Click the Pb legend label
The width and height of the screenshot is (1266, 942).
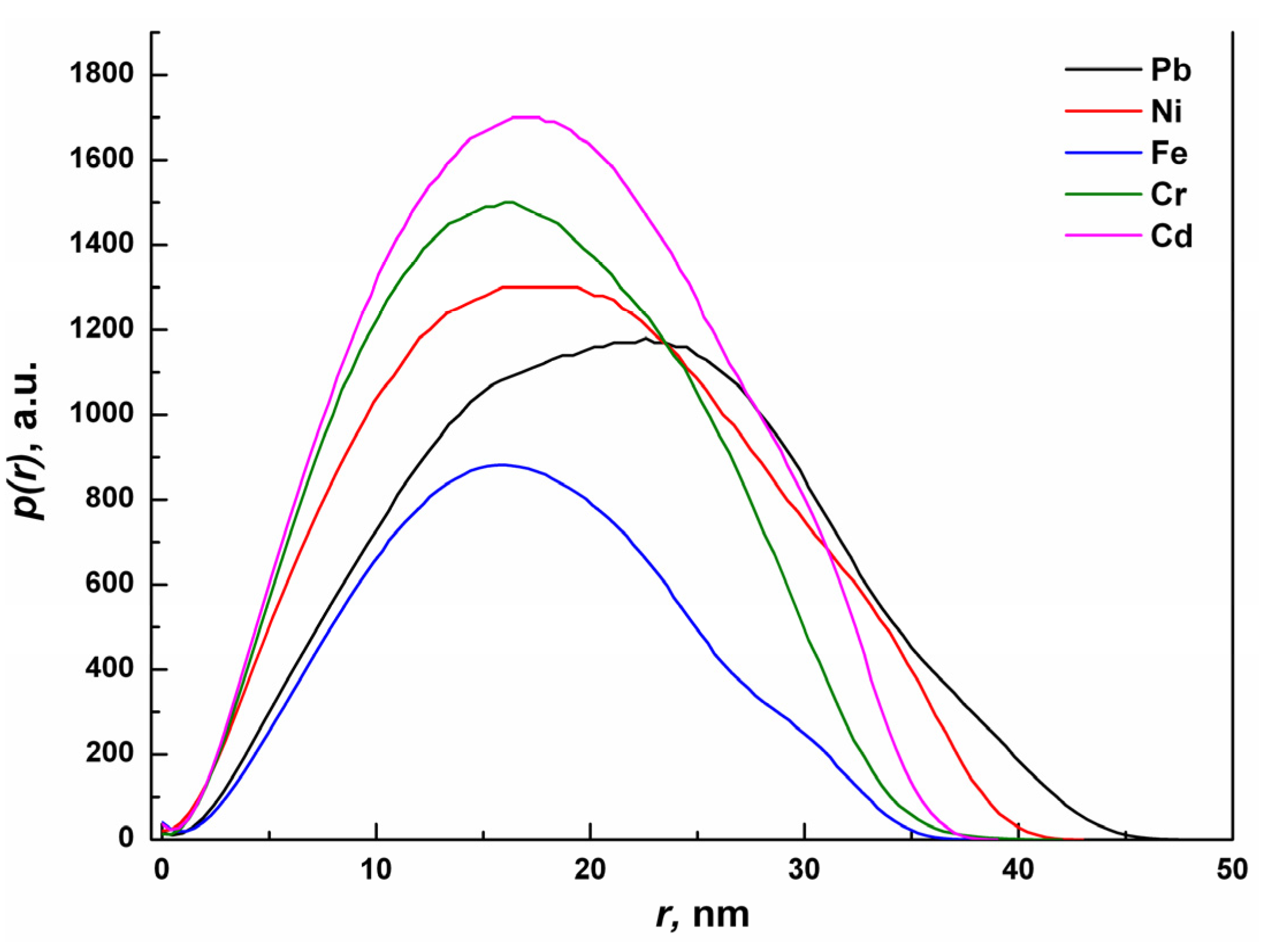click(1170, 70)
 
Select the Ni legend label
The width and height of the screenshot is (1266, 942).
click(1166, 111)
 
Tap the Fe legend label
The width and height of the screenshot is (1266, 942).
click(1169, 154)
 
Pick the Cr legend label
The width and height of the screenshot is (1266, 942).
click(1168, 194)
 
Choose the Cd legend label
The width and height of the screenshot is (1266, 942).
click(1171, 236)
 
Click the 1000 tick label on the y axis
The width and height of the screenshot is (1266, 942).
click(101, 414)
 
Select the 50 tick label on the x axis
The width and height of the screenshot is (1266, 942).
click(1231, 869)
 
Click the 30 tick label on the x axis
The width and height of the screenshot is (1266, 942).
click(804, 869)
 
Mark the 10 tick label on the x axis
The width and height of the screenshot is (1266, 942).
click(376, 869)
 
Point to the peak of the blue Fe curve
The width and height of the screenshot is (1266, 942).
click(502, 465)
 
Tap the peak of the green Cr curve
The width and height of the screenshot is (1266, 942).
click(508, 202)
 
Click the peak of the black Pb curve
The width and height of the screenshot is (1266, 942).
click(645, 338)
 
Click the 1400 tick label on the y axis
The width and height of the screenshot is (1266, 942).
click(101, 245)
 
